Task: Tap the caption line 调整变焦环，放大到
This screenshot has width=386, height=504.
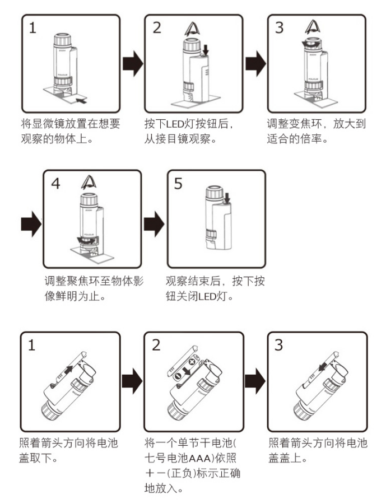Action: click(x=317, y=124)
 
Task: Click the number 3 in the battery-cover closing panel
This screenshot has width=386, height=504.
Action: click(x=279, y=345)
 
